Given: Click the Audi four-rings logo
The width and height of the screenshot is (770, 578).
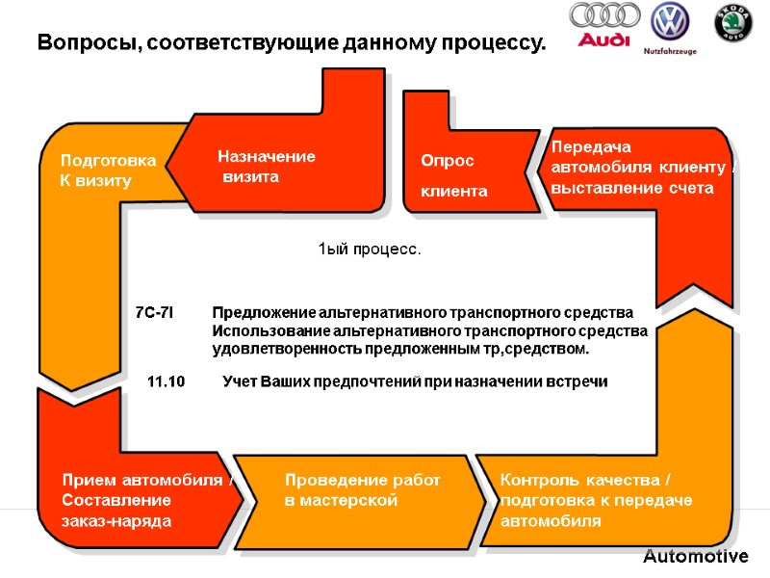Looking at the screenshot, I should [x=604, y=16].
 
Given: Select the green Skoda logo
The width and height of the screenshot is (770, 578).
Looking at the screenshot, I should [x=732, y=22].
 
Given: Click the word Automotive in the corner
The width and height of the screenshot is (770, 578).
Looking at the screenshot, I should [x=695, y=557].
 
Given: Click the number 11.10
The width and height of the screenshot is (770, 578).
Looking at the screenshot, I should [x=166, y=382].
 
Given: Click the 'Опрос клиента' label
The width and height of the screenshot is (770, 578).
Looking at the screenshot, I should [x=453, y=176].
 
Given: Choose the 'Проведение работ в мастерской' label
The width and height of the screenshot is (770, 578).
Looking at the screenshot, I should [x=362, y=490].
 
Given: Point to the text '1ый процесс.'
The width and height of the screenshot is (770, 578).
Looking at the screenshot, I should [x=370, y=250].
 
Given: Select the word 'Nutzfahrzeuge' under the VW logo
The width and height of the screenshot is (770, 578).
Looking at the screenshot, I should [x=670, y=50].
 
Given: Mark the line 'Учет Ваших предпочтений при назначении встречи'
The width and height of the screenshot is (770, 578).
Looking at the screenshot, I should [x=415, y=382].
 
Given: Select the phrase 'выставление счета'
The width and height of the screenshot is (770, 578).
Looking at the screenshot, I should [x=632, y=188].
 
